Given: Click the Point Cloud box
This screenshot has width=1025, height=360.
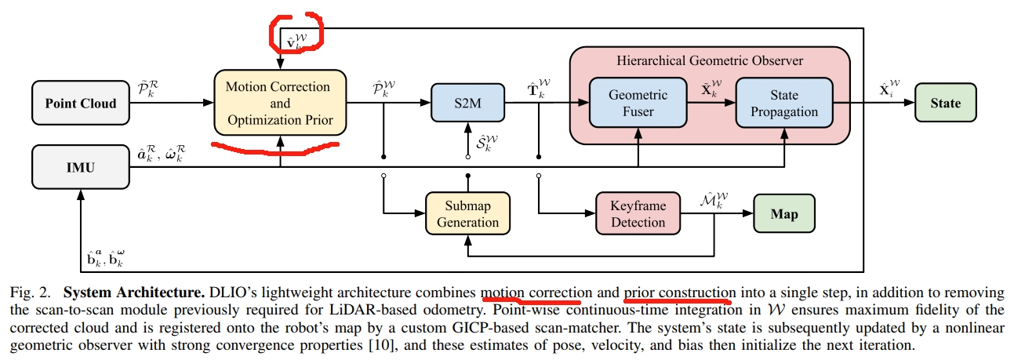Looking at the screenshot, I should pos(81,104).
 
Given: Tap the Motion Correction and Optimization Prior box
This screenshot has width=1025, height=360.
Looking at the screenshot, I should pos(279,104).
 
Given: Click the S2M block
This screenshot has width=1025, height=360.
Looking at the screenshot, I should pos(468,104).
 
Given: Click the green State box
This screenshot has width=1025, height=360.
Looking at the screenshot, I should pos(945,104).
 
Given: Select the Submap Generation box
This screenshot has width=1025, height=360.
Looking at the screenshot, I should pos(467,214).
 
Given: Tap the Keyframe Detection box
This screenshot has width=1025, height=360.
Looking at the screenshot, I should pos(638,214).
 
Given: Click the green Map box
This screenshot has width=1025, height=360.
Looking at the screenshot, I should pos(785,214).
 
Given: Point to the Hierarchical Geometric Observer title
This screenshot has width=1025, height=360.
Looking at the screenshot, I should pos(710,60).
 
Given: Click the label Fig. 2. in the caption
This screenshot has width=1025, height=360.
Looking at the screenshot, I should pos(29,293).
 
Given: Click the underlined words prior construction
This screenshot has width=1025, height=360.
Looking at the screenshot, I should pos(679,293).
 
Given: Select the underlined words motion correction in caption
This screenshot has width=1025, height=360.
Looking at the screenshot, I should pos(531,293).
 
